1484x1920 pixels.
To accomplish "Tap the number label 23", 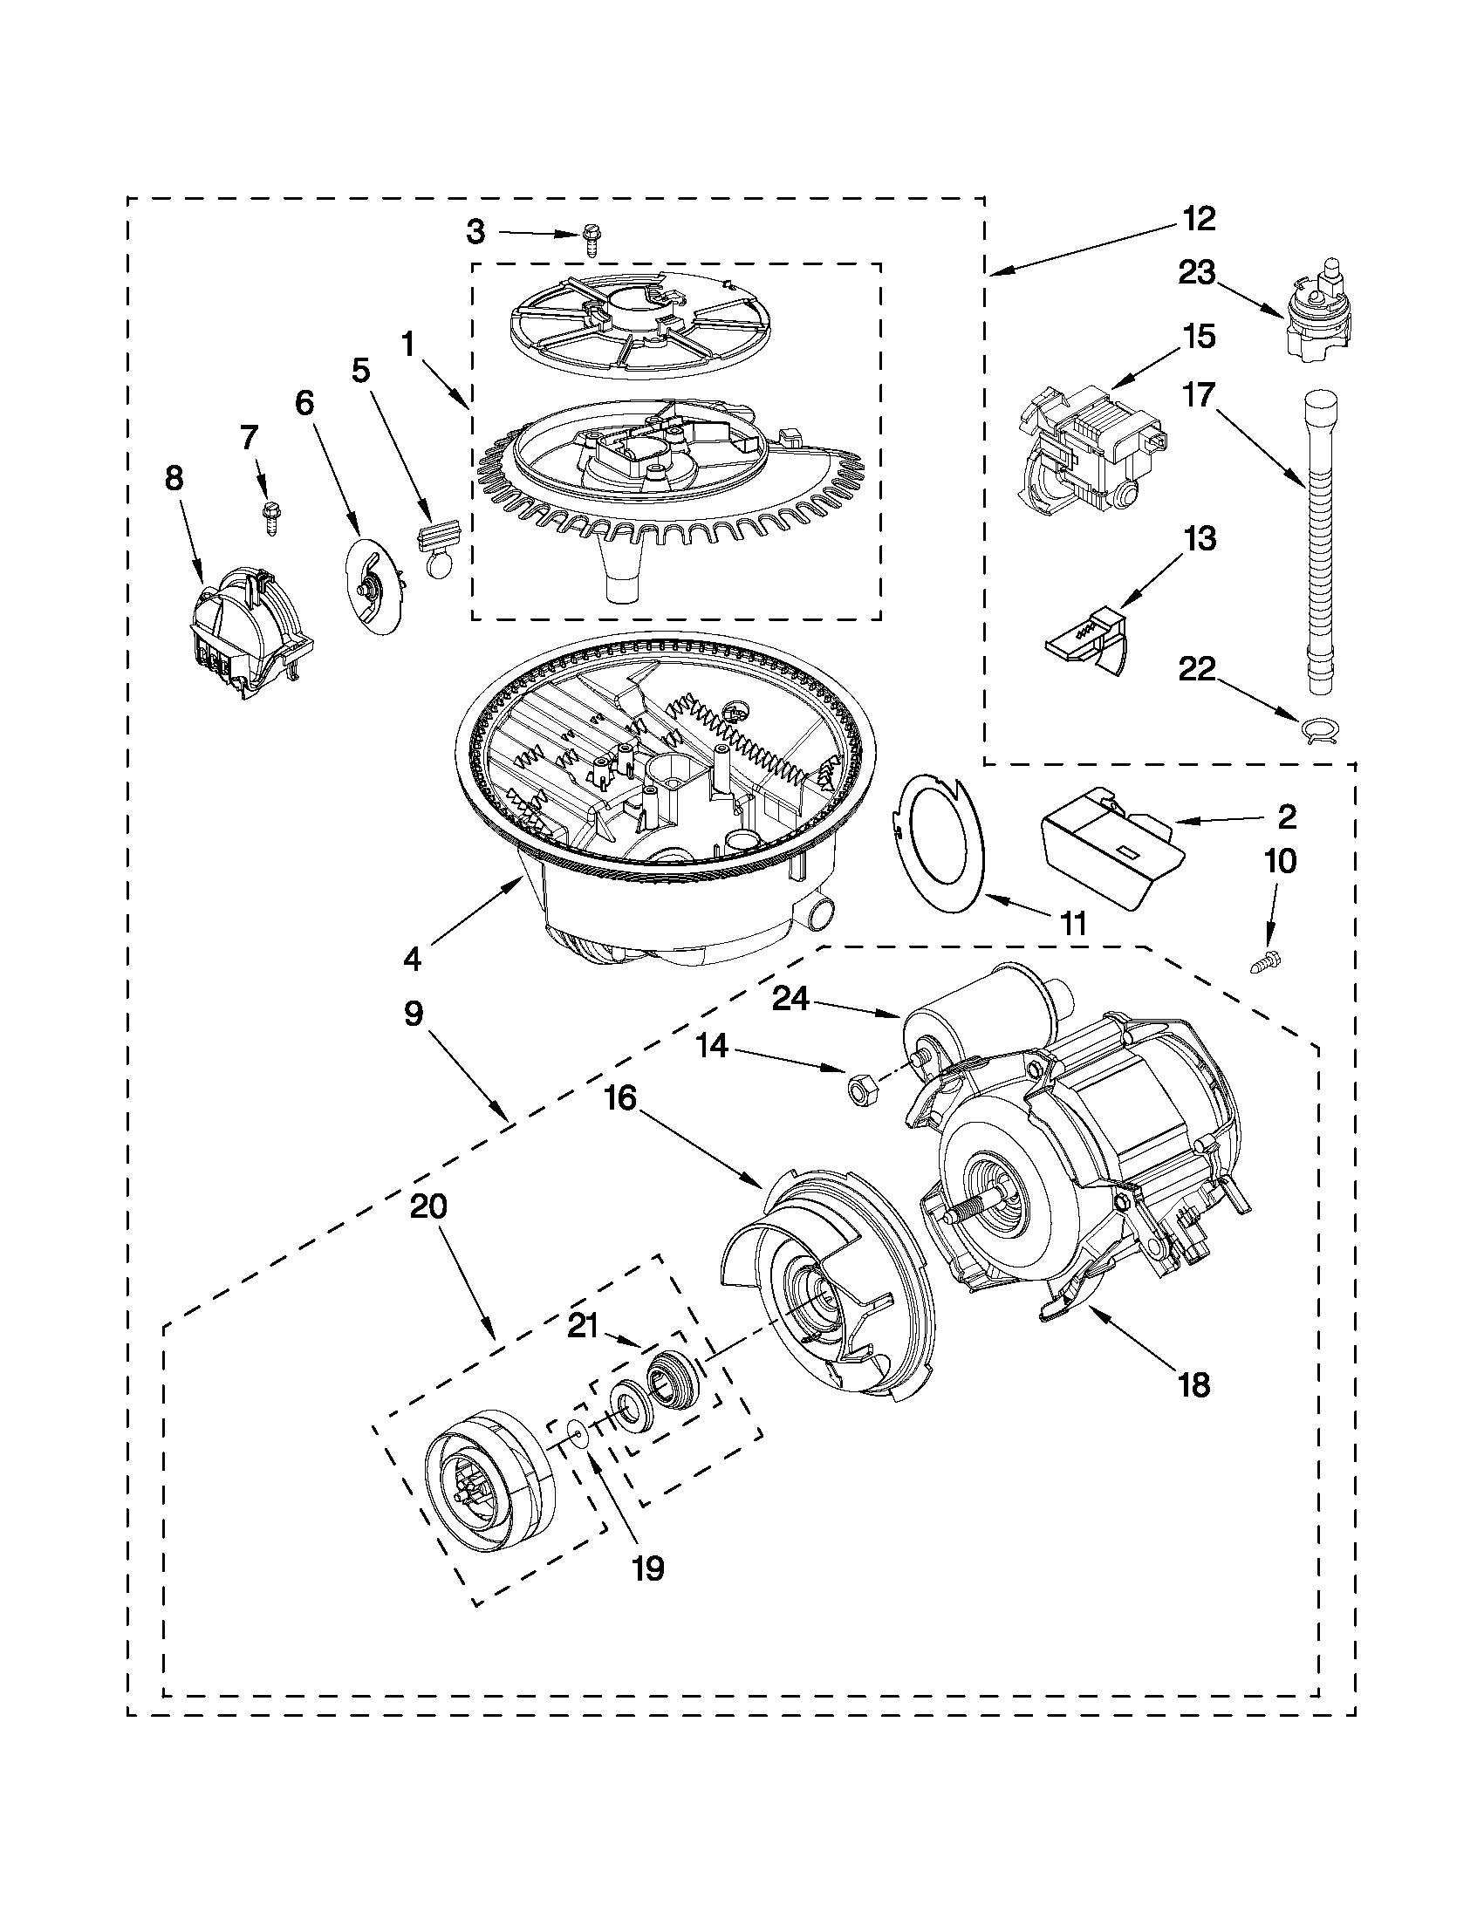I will pos(1196,273).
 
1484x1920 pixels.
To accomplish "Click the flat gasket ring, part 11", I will pos(940,844).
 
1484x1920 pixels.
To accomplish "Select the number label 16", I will pos(620,1098).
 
